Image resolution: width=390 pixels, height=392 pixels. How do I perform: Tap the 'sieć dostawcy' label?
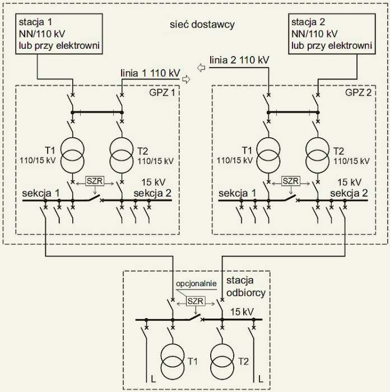coord(202,25)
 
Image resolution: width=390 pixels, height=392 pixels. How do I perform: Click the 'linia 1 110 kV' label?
coord(150,73)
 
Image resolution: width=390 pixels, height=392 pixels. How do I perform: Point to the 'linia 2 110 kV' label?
coord(239,60)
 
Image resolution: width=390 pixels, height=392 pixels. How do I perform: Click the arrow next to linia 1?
coord(186,80)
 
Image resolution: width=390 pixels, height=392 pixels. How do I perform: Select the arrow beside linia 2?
coord(201,68)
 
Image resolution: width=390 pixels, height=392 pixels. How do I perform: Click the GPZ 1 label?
coord(162,92)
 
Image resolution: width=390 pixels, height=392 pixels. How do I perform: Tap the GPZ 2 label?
coord(358,92)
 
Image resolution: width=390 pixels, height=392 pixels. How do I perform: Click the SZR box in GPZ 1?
coord(95,181)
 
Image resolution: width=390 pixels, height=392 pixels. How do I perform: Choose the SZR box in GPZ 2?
coord(290,181)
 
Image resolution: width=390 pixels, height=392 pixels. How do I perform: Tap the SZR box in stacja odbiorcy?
coord(196,301)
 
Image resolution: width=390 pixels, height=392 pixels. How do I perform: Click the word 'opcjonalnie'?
coord(196,283)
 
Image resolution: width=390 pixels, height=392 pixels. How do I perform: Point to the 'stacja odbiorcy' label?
coord(246,287)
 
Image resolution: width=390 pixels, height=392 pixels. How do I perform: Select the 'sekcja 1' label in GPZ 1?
coord(41,193)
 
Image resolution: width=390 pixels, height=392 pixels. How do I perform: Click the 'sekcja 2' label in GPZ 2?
coord(349,193)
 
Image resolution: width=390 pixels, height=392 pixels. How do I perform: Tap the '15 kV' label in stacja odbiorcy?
coord(242,312)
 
